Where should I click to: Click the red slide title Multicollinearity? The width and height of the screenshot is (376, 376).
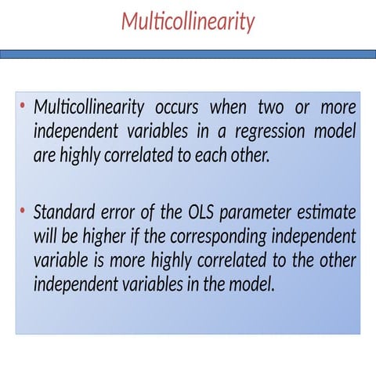click(188, 22)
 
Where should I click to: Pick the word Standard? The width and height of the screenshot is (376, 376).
click(63, 212)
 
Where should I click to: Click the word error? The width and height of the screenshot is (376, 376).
click(120, 212)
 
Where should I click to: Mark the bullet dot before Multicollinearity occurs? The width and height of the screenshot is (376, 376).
click(23, 106)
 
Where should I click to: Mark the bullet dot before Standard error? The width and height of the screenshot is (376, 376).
click(23, 211)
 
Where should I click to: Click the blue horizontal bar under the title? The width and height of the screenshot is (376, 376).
click(188, 54)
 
